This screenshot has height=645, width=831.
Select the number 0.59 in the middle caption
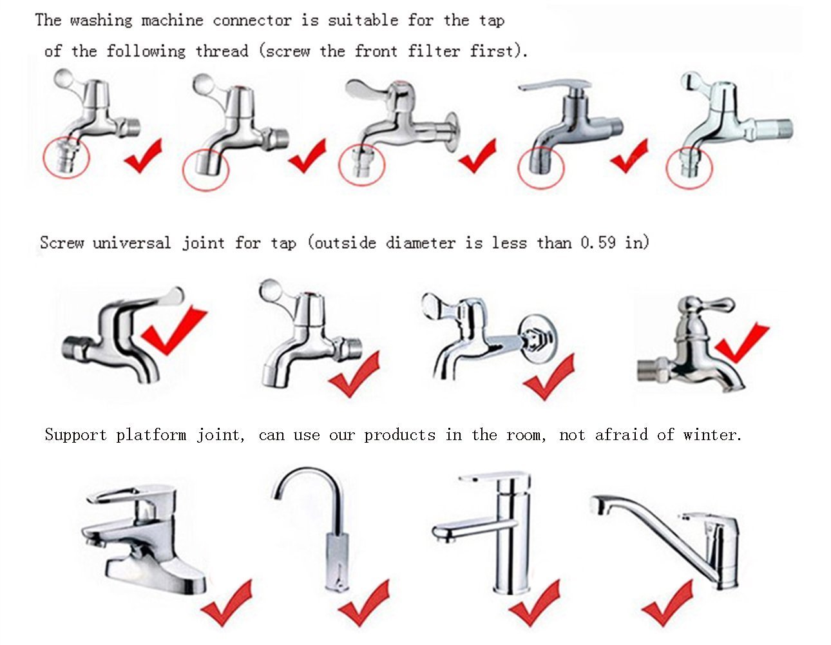coord(598,242)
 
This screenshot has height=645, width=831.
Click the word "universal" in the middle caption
coord(131,243)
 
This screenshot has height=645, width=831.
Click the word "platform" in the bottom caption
coord(151,436)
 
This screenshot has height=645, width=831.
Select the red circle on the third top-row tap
coord(361,164)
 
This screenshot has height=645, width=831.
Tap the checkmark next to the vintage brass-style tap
coord(741,342)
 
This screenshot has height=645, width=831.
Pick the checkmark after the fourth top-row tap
coord(629,156)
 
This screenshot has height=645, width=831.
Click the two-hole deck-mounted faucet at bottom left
coord(145,538)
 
